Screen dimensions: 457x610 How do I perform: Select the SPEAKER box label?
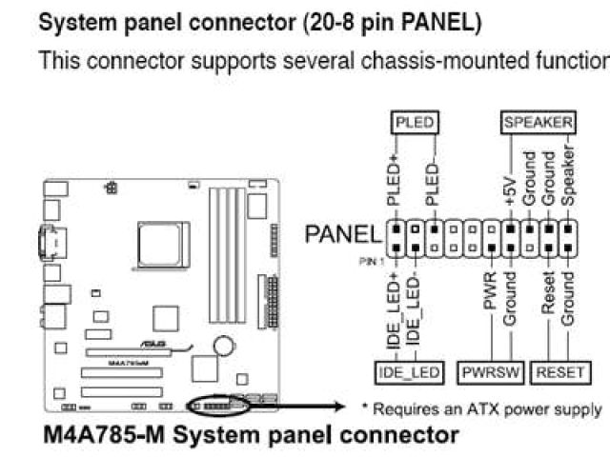click(x=539, y=123)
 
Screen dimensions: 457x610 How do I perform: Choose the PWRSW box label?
click(x=490, y=372)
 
